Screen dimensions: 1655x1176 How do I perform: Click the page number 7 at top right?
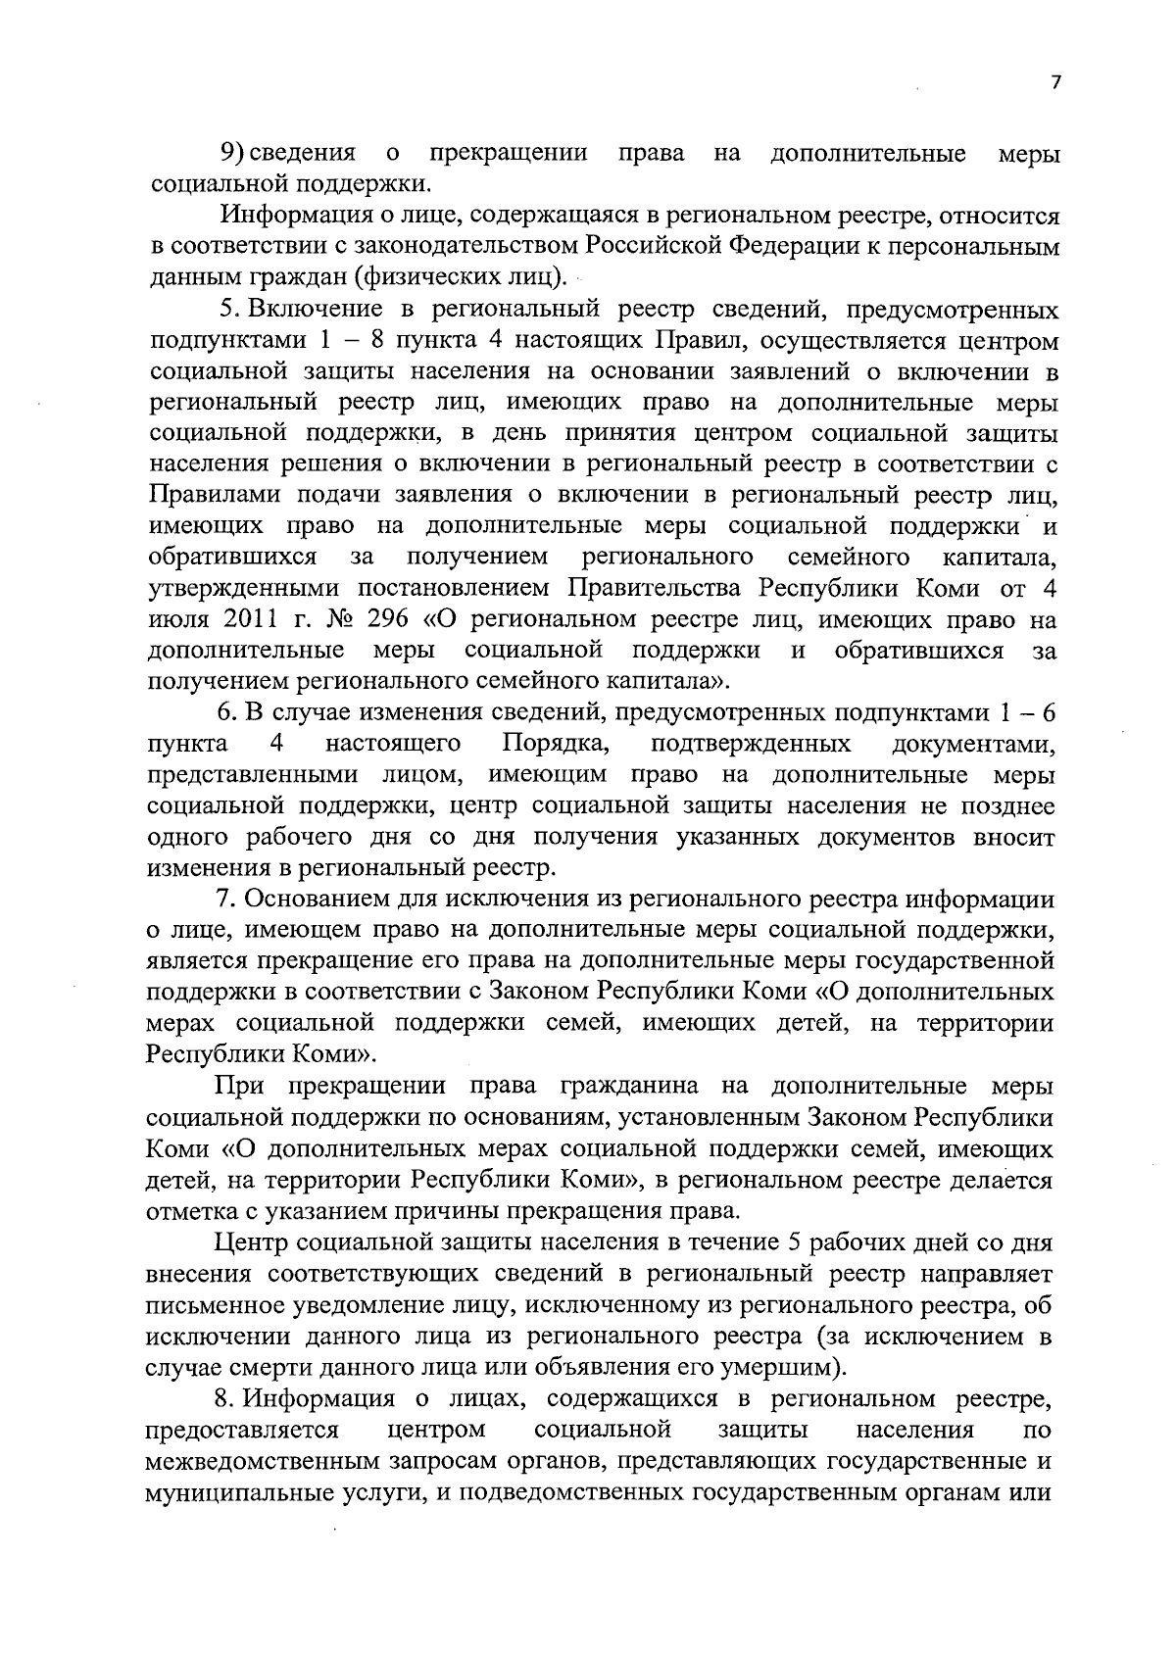coord(1055,84)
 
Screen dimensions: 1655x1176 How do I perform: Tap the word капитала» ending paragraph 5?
coord(669,682)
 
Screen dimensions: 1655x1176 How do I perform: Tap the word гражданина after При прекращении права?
coord(628,1087)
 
